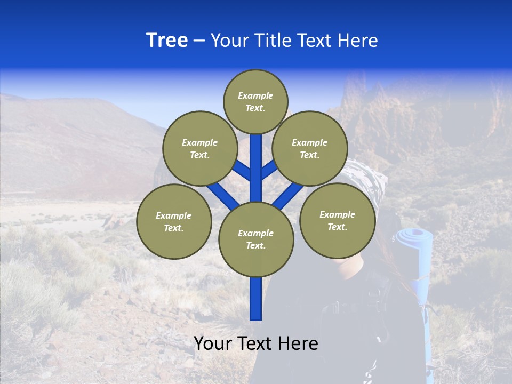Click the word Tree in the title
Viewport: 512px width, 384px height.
pos(167,41)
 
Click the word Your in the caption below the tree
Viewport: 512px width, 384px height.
pos(213,343)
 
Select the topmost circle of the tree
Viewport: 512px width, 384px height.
pos(255,101)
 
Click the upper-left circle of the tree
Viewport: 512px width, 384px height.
pos(199,148)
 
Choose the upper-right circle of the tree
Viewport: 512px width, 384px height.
pos(309,148)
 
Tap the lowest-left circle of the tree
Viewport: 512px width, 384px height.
pos(174,221)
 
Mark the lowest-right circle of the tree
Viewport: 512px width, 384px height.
pos(337,220)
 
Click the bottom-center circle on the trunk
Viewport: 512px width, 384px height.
pos(256,239)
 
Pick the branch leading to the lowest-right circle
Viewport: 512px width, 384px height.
pos(288,194)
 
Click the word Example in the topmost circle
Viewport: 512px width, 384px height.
pos(255,95)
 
